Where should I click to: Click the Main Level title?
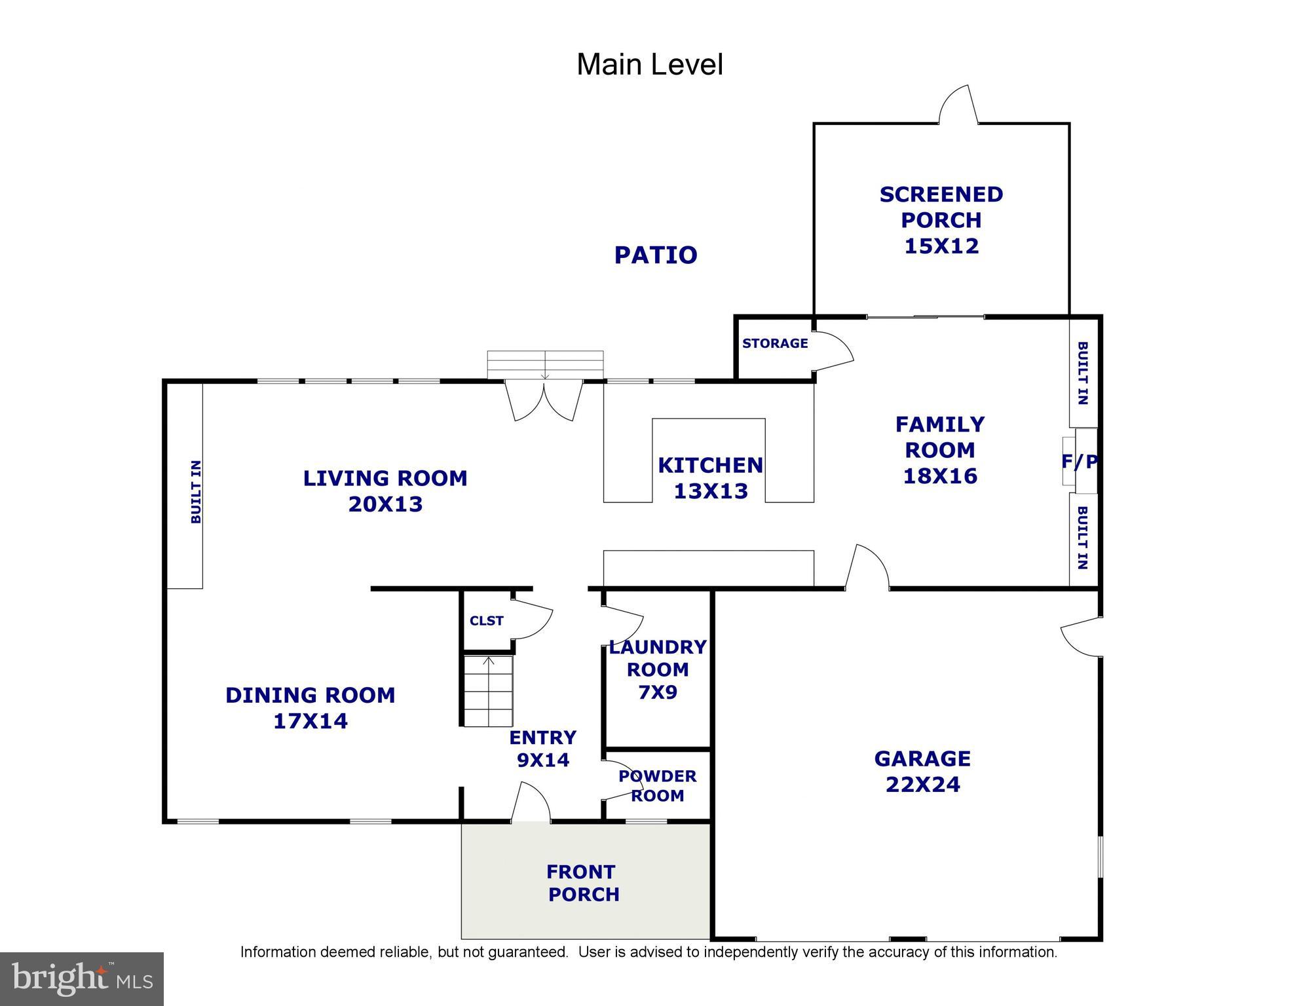pyautogui.click(x=649, y=65)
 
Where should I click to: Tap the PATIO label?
pyautogui.click(x=655, y=255)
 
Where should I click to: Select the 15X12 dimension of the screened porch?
pyautogui.click(x=941, y=246)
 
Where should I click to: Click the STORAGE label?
pyautogui.click(x=774, y=343)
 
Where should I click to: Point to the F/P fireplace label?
pyautogui.click(x=1079, y=462)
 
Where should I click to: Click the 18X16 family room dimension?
pyautogui.click(x=939, y=476)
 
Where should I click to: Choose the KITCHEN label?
pyautogui.click(x=710, y=466)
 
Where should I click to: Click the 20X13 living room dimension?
pyautogui.click(x=385, y=504)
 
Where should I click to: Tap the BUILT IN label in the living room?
pyautogui.click(x=195, y=491)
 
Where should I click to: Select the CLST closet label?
pyautogui.click(x=486, y=621)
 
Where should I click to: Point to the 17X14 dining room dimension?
pyautogui.click(x=310, y=721)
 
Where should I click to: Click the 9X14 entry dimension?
pyautogui.click(x=542, y=760)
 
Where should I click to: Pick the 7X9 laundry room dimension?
pyautogui.click(x=657, y=692)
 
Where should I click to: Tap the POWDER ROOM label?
pyautogui.click(x=657, y=786)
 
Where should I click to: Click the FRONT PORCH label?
pyautogui.click(x=582, y=883)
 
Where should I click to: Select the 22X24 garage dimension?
pyautogui.click(x=922, y=785)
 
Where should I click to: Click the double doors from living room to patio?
pyautogui.click(x=544, y=401)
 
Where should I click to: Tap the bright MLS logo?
pyautogui.click(x=82, y=978)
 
